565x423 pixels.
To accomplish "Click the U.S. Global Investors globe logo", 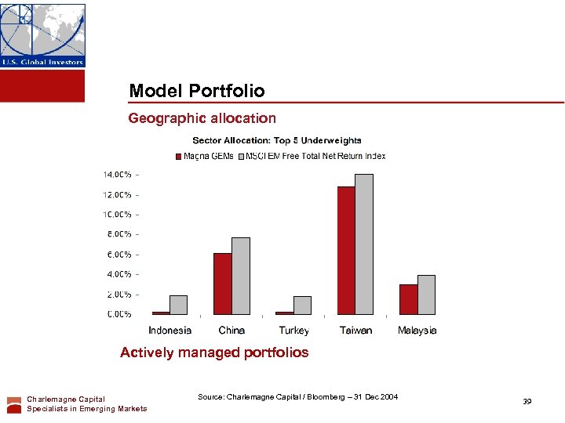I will (42, 35).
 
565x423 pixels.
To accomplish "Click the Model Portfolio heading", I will (196, 91).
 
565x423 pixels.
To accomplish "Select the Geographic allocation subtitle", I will (202, 118).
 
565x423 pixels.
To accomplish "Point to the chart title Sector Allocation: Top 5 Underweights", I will (277, 141).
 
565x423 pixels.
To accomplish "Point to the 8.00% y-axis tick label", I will (119, 234).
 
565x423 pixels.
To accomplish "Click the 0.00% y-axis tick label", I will (119, 314).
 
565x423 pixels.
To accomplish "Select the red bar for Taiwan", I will (346, 250).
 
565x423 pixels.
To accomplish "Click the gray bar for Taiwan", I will (364, 244).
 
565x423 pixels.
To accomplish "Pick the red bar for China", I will (223, 283).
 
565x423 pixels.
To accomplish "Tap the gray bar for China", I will (240, 276).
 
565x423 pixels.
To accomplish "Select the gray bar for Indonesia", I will (179, 305).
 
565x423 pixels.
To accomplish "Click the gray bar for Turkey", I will (302, 305).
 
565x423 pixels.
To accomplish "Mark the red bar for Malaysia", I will (408, 299).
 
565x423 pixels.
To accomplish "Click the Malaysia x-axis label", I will (417, 331).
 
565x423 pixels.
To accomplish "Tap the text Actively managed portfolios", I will (214, 352).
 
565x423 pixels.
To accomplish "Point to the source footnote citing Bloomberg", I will (297, 397).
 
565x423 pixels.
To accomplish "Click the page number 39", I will (527, 402).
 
